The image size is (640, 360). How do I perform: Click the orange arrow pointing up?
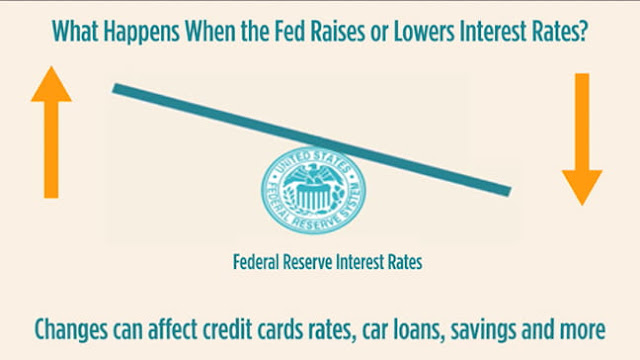tap(51, 132)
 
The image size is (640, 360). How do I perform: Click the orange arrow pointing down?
tap(582, 139)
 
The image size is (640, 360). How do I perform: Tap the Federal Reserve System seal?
tap(313, 190)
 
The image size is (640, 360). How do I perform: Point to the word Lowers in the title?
tap(424, 31)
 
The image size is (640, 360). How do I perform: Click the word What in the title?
tap(75, 31)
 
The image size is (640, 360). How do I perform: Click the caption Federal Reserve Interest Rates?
tap(327, 262)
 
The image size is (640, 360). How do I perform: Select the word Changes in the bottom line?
tap(71, 330)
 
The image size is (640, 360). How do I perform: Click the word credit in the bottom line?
tap(228, 329)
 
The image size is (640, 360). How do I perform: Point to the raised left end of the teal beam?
tap(115, 88)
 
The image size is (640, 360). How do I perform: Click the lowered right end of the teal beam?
tap(509, 191)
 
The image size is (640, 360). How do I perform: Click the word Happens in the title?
tap(142, 32)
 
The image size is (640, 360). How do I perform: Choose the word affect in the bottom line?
tap(173, 329)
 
